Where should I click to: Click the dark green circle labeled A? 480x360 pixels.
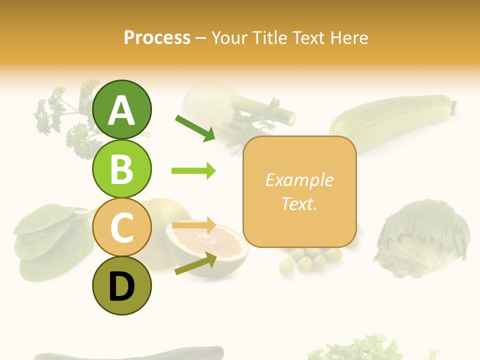(121, 109)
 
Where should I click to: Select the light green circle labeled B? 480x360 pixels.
(121, 168)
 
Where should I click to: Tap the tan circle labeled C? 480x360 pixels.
(121, 227)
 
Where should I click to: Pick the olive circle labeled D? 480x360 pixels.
(121, 285)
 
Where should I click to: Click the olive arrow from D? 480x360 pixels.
(195, 264)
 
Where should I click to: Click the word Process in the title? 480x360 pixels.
(157, 38)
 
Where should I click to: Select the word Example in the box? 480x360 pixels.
(299, 180)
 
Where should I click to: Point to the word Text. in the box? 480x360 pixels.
(299, 204)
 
